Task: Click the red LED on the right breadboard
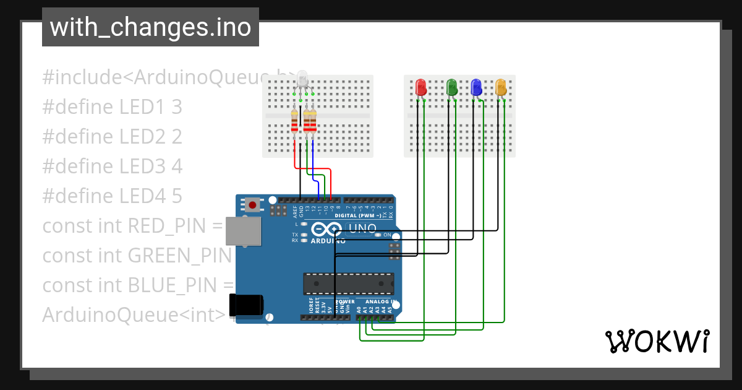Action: pyautogui.click(x=420, y=87)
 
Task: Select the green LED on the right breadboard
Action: pyautogui.click(x=451, y=87)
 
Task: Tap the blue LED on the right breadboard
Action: pyautogui.click(x=476, y=87)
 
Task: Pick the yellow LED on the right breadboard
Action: pyautogui.click(x=501, y=87)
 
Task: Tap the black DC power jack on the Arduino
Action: pyautogui.click(x=246, y=305)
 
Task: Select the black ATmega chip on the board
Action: pyautogui.click(x=348, y=284)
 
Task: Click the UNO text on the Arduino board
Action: pyautogui.click(x=363, y=228)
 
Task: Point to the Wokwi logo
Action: pyautogui.click(x=656, y=341)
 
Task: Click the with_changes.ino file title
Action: pyautogui.click(x=150, y=27)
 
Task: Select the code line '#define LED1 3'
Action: pyautogui.click(x=112, y=107)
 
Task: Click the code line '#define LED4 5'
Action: pyautogui.click(x=112, y=196)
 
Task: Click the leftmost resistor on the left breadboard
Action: pyautogui.click(x=294, y=121)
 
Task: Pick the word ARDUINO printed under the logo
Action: pyautogui.click(x=328, y=240)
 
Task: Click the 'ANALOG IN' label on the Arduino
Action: pyautogui.click(x=378, y=301)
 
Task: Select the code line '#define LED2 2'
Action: pyautogui.click(x=112, y=137)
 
